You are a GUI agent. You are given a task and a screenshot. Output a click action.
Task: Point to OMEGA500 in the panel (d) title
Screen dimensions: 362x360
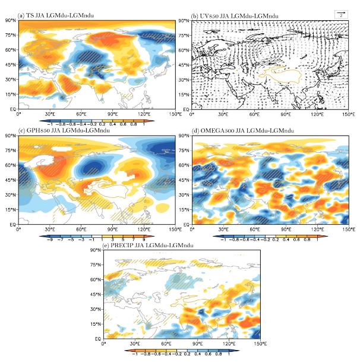(218, 131)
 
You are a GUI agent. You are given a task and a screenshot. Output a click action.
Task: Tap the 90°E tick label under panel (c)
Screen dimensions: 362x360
(113, 229)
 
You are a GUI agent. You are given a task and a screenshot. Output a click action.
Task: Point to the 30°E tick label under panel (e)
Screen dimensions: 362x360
(135, 344)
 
